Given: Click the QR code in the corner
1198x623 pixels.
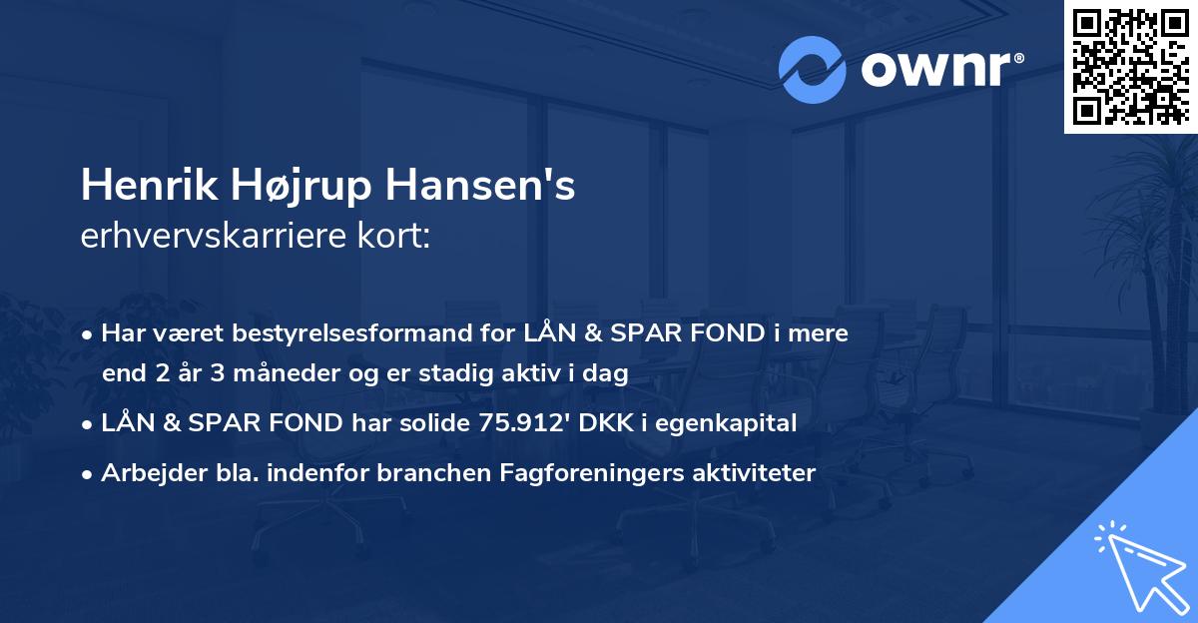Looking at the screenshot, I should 1130,67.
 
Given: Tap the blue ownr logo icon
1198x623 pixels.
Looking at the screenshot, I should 815,69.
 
